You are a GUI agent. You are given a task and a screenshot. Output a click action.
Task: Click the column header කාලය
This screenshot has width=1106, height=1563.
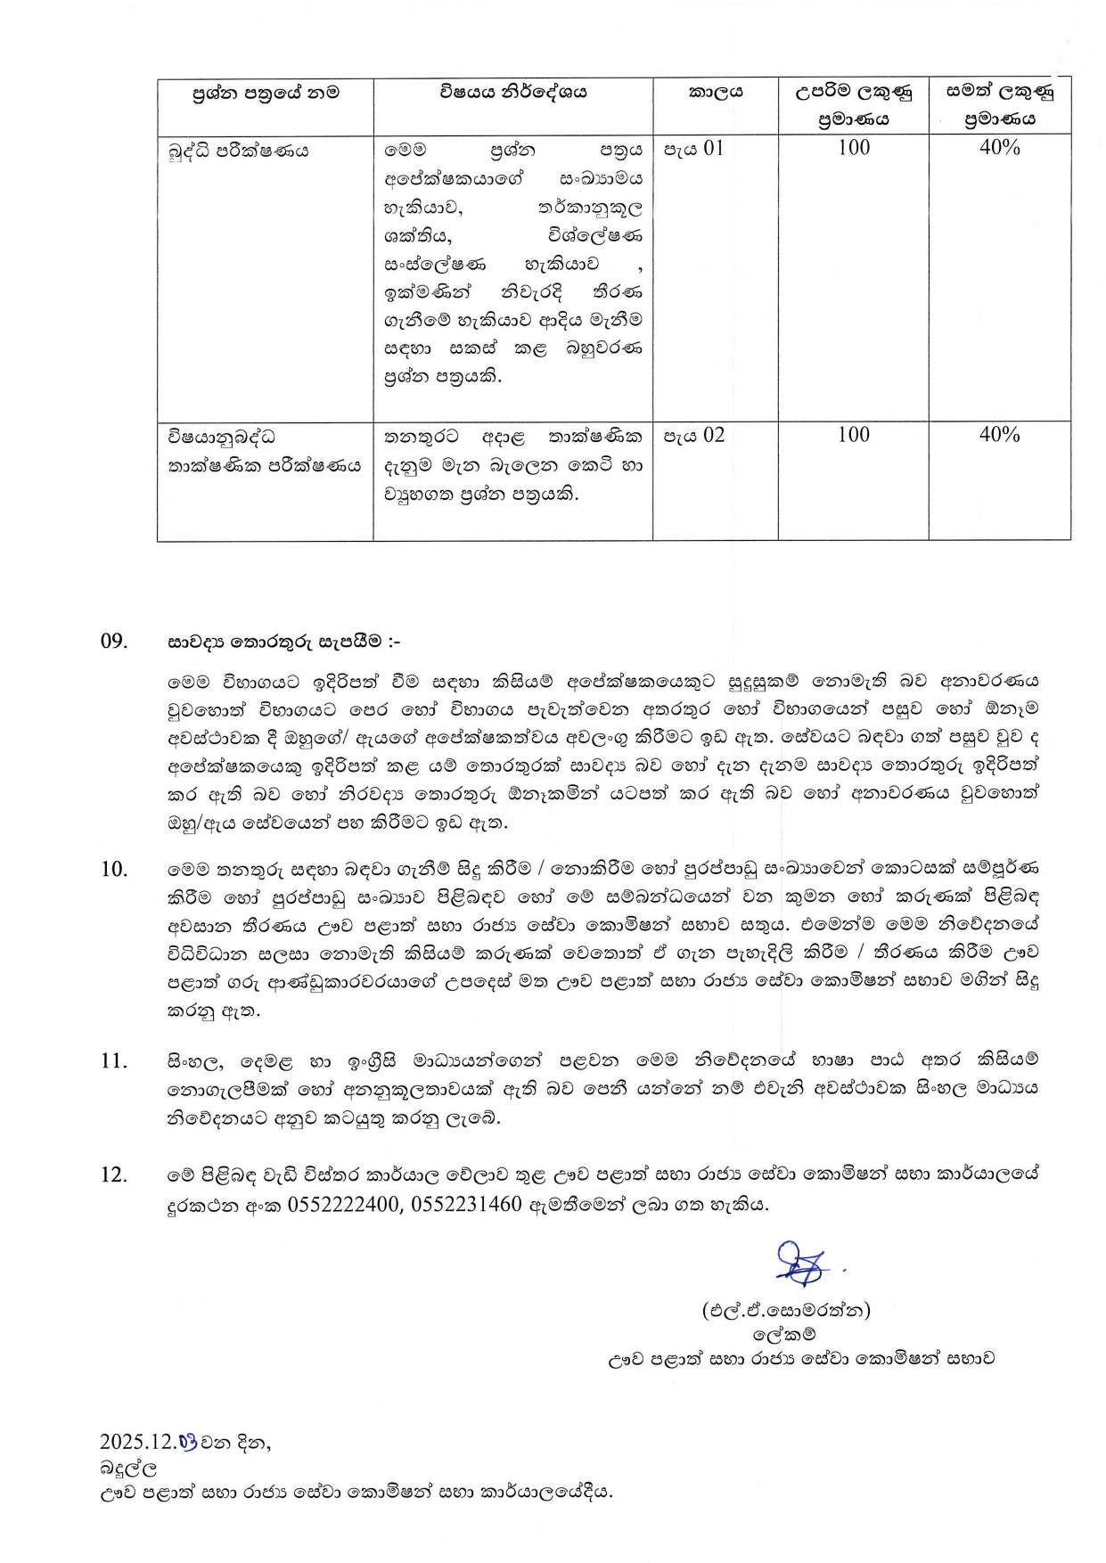716,92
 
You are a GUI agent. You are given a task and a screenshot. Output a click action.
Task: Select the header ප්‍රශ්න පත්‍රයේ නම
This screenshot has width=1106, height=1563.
266,92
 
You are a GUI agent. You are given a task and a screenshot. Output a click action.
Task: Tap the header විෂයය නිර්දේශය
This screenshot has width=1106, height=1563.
512,92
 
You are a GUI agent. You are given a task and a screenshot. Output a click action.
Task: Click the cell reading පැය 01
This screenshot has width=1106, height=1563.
693,149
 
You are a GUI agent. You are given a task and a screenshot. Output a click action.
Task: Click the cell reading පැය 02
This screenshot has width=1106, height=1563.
693,436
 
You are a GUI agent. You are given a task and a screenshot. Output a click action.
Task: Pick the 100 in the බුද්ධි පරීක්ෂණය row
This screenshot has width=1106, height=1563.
854,148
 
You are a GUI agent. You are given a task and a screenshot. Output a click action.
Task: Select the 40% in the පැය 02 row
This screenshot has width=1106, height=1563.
999,435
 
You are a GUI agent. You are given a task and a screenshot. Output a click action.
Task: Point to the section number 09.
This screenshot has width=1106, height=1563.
114,642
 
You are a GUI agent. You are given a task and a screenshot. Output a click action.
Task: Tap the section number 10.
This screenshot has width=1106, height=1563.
114,870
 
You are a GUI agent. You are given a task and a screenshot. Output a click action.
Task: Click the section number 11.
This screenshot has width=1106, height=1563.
114,1061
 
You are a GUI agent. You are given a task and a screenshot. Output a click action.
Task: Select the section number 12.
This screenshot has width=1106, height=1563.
114,1175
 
